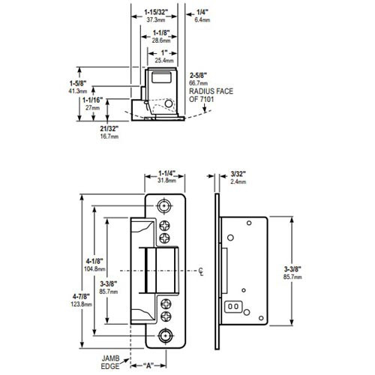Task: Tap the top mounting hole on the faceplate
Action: point(164,205)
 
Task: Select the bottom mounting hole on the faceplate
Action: point(164,333)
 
